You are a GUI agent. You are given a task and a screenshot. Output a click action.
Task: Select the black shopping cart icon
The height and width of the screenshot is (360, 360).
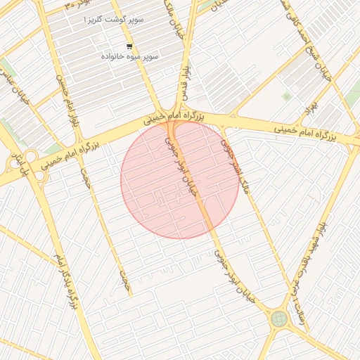(129, 46)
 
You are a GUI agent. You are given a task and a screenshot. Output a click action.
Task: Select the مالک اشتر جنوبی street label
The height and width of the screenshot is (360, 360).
(234, 166)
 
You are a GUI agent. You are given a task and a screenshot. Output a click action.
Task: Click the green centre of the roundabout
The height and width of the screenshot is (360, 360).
(279, 319)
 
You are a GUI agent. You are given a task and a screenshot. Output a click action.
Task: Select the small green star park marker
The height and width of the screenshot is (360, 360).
(286, 96)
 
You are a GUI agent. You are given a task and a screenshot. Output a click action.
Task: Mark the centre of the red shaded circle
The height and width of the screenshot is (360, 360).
(179, 179)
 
